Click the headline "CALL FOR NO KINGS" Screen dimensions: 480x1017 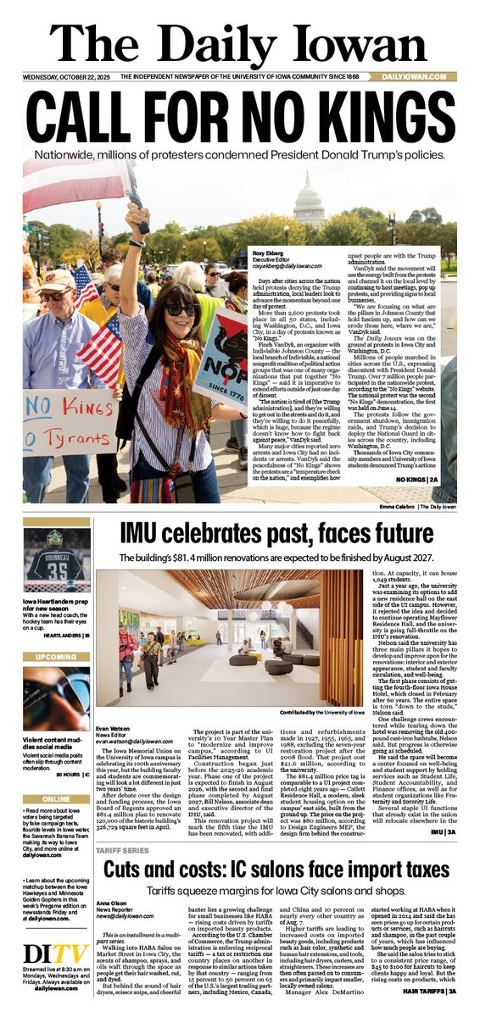point(240,115)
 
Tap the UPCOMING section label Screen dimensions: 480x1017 point(56,657)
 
